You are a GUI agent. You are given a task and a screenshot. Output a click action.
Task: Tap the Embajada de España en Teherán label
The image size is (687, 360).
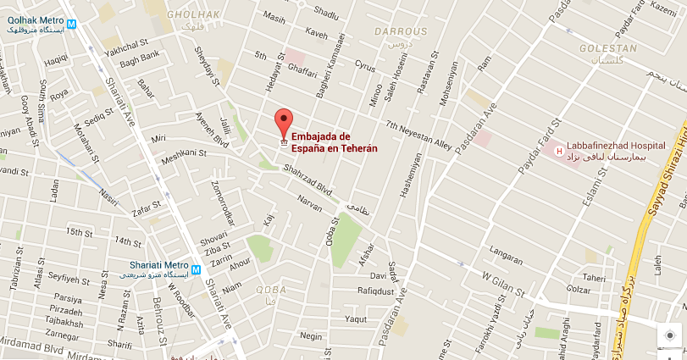click(x=334, y=141)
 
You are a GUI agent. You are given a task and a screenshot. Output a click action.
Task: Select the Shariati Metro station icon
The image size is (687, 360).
click(x=197, y=270)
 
